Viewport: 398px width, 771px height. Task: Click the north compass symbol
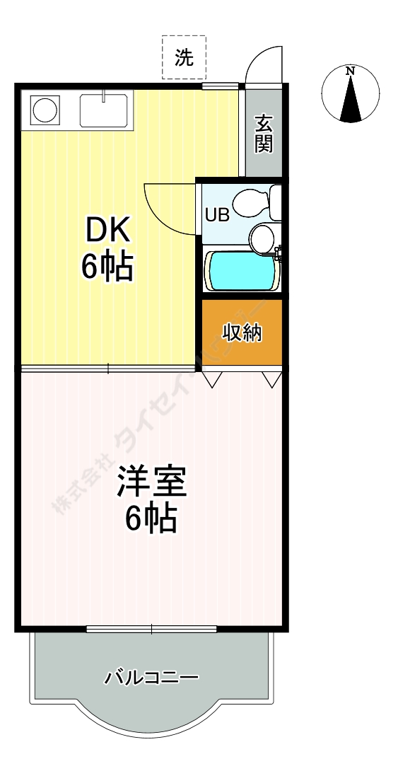(x=351, y=94)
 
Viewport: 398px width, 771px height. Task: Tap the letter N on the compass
(x=351, y=70)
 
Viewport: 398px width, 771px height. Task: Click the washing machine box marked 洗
(x=184, y=58)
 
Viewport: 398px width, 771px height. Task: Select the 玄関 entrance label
(x=264, y=134)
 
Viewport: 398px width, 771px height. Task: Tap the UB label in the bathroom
(x=217, y=214)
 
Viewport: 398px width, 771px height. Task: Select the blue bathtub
(x=240, y=269)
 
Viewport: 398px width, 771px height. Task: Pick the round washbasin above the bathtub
(x=263, y=237)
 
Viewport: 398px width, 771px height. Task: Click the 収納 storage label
(x=242, y=332)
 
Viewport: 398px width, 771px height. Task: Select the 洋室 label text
(x=151, y=482)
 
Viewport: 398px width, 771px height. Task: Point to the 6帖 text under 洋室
(x=151, y=519)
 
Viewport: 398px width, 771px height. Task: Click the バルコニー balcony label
(x=151, y=678)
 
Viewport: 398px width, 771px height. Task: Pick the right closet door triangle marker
(x=272, y=380)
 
